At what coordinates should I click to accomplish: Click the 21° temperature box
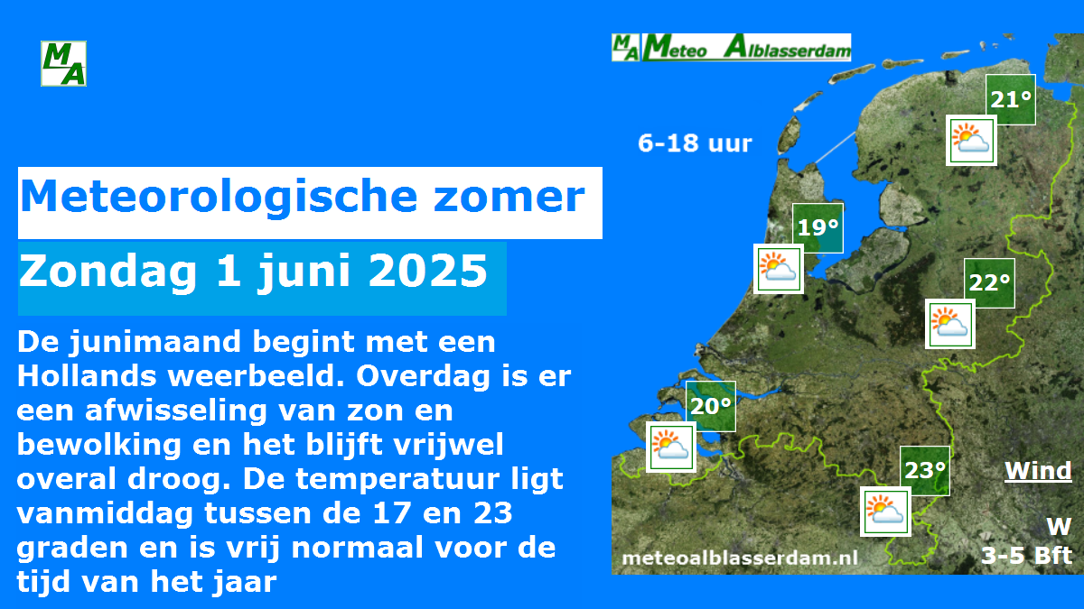coord(1011,99)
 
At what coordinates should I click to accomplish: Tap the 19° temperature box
coord(818,228)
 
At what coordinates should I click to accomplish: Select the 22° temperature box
coord(989,282)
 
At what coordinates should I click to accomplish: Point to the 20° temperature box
coord(711,406)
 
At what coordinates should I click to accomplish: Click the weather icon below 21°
coord(971,140)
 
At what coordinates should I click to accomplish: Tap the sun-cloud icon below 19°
coord(779,269)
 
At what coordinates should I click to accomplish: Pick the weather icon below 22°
coord(950,323)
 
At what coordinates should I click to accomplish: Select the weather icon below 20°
coord(671,447)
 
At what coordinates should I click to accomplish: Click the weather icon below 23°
coord(885,512)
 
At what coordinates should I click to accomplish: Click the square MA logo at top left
coord(63,63)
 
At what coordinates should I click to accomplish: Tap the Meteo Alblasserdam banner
coord(731,47)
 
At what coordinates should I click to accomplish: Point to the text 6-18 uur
coord(695,143)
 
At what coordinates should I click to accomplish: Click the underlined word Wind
coord(1038,471)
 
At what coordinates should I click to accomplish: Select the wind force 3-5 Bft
coord(1026,556)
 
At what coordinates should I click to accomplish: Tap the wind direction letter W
coord(1059,526)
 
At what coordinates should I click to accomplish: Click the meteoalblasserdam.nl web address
coord(740,558)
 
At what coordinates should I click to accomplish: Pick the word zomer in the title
coord(509,197)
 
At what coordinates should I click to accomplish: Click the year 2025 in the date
coord(428,271)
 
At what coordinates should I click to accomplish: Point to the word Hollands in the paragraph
coord(87,376)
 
